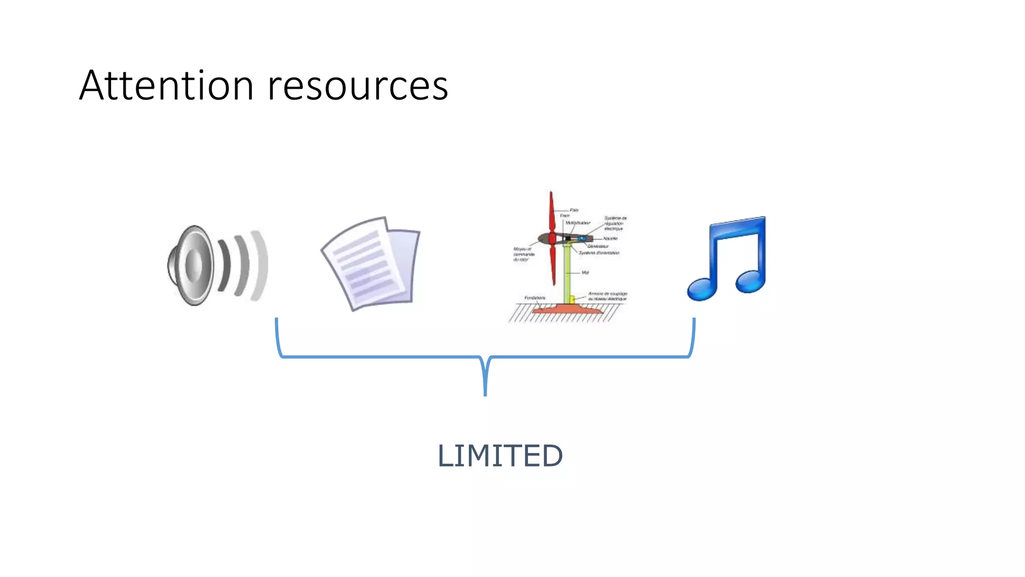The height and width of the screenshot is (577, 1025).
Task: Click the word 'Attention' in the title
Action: click(166, 86)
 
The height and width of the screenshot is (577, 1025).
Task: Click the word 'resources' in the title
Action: click(357, 86)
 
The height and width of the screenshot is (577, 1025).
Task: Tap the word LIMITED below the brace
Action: click(500, 455)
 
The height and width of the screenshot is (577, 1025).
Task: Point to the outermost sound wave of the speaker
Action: click(261, 265)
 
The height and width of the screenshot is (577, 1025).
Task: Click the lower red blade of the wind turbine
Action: click(553, 265)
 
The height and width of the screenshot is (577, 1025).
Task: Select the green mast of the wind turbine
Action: click(569, 273)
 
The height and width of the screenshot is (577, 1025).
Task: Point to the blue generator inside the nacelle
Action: click(582, 239)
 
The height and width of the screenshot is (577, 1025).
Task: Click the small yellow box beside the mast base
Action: click(572, 299)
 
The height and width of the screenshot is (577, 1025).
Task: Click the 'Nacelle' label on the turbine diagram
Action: click(610, 238)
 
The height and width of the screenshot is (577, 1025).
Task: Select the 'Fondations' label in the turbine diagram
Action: click(535, 298)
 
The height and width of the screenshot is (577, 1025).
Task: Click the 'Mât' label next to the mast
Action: click(585, 272)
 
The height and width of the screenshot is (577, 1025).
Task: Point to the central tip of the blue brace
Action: click(485, 393)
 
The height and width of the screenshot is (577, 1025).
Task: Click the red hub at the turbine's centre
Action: click(552, 238)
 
